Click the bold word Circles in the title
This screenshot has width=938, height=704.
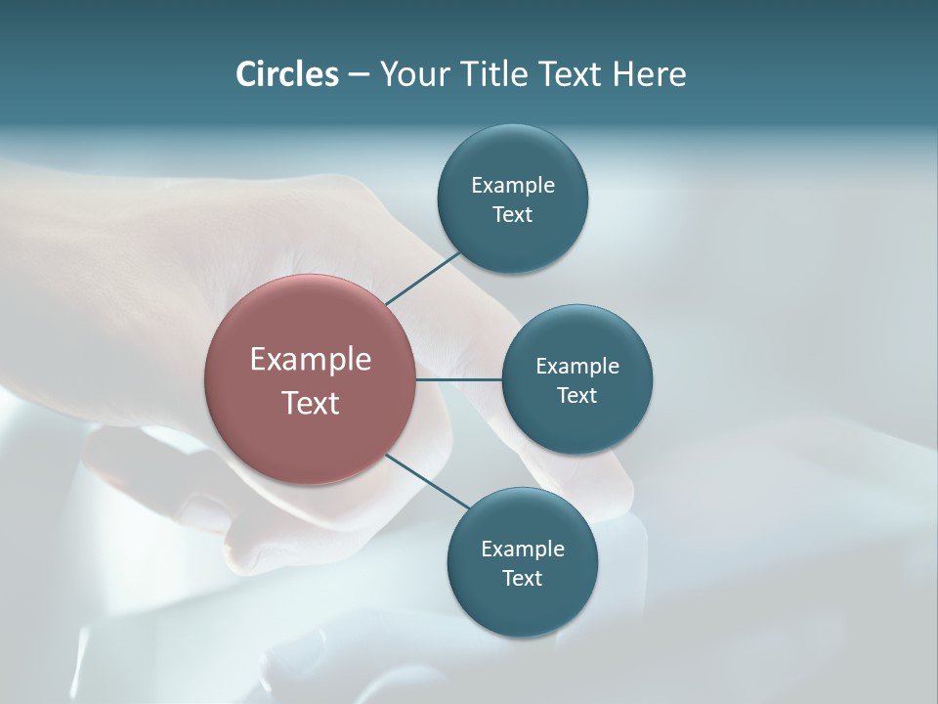[x=287, y=74]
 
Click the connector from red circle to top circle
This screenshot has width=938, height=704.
[x=423, y=277]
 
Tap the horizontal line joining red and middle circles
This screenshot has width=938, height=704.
[x=459, y=379]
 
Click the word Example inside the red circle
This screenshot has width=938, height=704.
[x=311, y=360]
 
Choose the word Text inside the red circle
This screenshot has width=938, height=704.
[x=311, y=403]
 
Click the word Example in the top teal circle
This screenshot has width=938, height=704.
[x=513, y=185]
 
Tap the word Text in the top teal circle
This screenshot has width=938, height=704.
[x=512, y=214]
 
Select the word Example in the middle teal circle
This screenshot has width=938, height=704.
[x=577, y=366]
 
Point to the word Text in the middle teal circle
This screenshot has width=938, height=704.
[x=576, y=395]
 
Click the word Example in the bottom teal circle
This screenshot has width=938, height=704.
[x=523, y=549]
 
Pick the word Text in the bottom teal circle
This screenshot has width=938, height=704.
[x=522, y=578]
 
